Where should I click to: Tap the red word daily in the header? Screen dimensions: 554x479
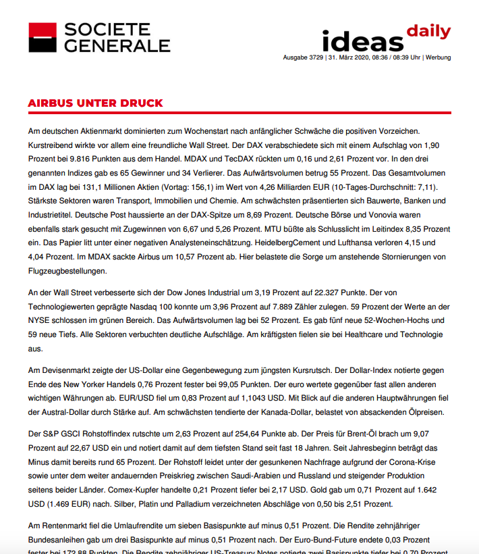pos(428,31)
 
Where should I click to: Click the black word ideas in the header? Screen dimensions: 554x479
pos(362,41)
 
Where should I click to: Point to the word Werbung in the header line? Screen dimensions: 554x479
pos(438,58)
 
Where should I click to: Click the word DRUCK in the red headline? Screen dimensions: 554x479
pos(140,103)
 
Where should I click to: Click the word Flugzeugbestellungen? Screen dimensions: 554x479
pos(67,271)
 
